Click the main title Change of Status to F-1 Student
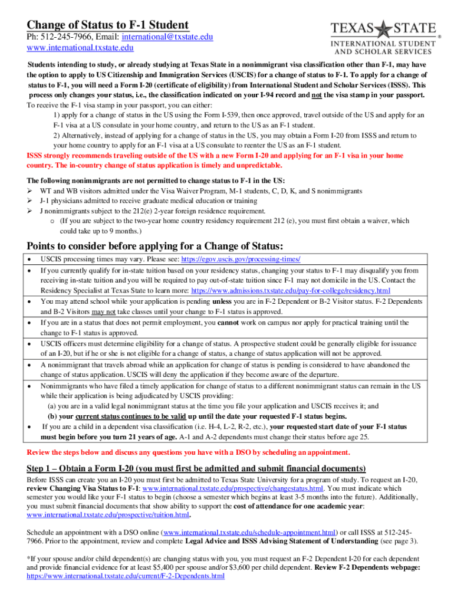click(x=108, y=25)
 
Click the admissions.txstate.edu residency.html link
click(x=291, y=291)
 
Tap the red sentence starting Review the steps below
click(x=189, y=453)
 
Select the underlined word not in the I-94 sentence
click(x=313, y=95)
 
